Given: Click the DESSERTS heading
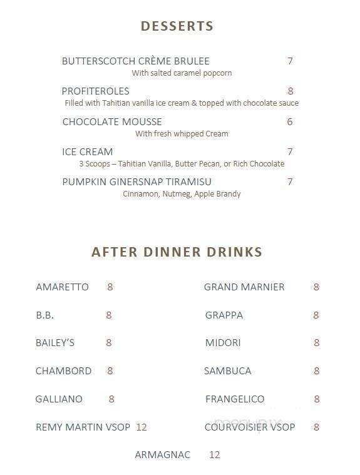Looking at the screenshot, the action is [x=177, y=26].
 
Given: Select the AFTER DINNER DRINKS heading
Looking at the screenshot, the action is [x=177, y=252].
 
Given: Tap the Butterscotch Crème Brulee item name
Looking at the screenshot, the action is [x=135, y=61].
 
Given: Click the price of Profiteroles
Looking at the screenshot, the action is [x=291, y=91].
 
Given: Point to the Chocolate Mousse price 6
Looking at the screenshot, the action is [x=290, y=122].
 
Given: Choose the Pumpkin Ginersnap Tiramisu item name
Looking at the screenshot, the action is [x=136, y=182].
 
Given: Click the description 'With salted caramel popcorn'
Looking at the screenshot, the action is [x=182, y=73].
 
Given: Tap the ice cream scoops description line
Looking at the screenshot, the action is [x=182, y=164].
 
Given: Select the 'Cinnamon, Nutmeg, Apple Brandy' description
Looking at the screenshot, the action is [x=182, y=194].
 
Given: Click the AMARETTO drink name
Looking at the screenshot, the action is [x=62, y=287].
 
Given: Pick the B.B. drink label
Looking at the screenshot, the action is [x=45, y=315].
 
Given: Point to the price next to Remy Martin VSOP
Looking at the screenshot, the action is [x=141, y=427].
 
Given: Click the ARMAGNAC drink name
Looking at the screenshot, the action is [x=162, y=455].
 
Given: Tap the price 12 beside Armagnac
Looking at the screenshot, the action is [x=214, y=455].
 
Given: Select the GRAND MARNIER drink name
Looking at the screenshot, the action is [x=244, y=287].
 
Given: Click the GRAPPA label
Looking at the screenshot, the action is [x=224, y=315].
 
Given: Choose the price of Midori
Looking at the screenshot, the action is [x=317, y=343].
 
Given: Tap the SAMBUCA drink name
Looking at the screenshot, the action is [x=227, y=371].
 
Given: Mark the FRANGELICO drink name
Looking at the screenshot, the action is [x=235, y=399].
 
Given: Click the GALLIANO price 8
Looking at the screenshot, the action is [x=111, y=399].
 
